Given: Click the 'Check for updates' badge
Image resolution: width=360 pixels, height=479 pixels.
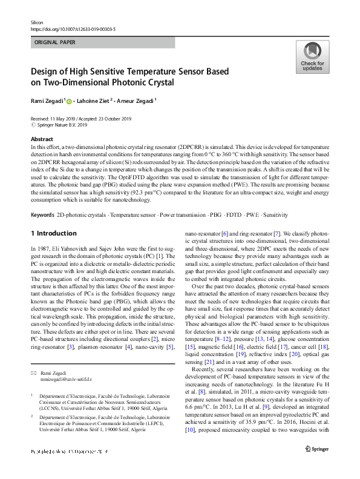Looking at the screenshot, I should [x=312, y=57].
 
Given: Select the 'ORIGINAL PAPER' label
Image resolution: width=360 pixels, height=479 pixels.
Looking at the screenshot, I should [x=55, y=42].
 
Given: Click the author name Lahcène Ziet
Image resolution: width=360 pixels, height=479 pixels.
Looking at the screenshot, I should [x=95, y=101].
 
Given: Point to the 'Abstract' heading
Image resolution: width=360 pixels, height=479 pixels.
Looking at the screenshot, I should [x=42, y=139].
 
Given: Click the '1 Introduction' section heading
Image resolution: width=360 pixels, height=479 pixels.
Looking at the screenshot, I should [x=53, y=233].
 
